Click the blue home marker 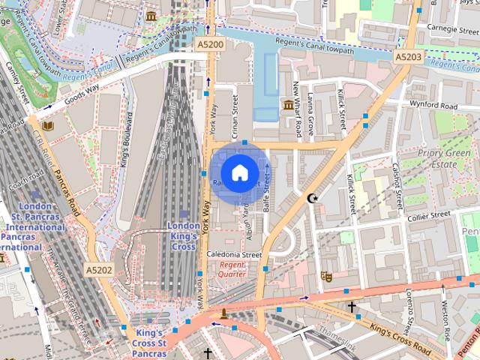pyautogui.click(x=238, y=173)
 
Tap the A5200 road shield pyautogui.click(x=211, y=46)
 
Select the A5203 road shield pyautogui.click(x=409, y=56)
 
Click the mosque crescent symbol pyautogui.click(x=312, y=199)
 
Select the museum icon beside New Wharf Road pyautogui.click(x=286, y=105)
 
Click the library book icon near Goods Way pyautogui.click(x=48, y=127)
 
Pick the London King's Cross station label pyautogui.click(x=183, y=235)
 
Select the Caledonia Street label pyautogui.click(x=234, y=255)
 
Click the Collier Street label pyautogui.click(x=428, y=216)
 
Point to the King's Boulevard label pyautogui.click(x=128, y=139)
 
